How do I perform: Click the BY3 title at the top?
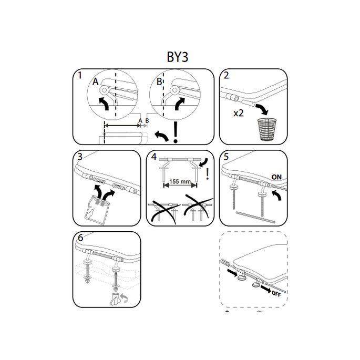click(x=178, y=57)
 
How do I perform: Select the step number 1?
click(x=80, y=75)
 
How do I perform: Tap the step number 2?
click(x=226, y=75)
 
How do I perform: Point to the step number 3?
click(x=80, y=157)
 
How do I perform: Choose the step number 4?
click(x=154, y=157)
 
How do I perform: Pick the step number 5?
click(x=226, y=157)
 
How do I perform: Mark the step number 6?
click(x=80, y=238)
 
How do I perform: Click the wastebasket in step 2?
click(x=267, y=129)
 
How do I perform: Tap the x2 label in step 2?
click(x=238, y=113)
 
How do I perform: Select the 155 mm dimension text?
click(x=180, y=182)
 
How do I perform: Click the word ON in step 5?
click(x=276, y=177)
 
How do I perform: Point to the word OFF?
click(x=276, y=294)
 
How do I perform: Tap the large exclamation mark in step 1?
click(x=176, y=132)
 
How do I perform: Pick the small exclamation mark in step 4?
click(x=208, y=174)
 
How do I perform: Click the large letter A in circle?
click(x=95, y=82)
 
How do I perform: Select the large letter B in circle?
click(x=159, y=82)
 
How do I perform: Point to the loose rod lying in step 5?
click(x=255, y=217)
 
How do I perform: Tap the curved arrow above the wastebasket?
click(x=262, y=109)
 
